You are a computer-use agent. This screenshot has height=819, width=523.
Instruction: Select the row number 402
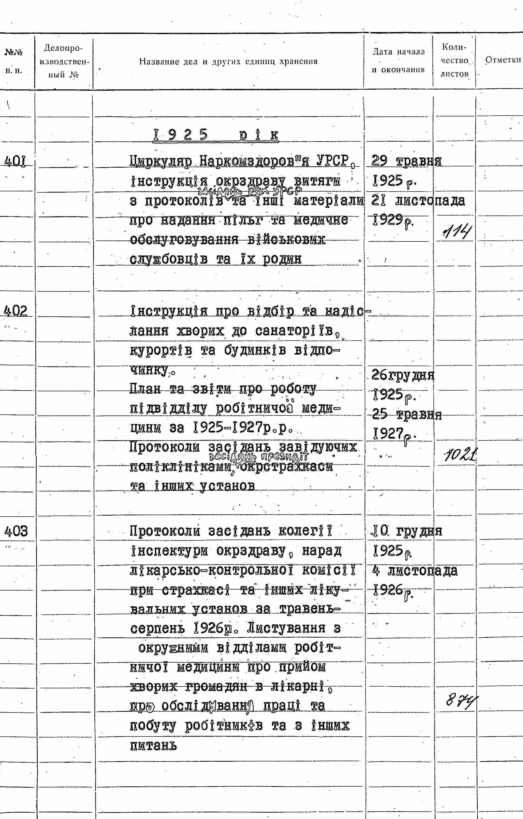coord(16,311)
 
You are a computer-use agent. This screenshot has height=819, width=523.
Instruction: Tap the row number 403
coord(16,531)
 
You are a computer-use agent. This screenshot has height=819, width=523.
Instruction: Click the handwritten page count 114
coord(457,233)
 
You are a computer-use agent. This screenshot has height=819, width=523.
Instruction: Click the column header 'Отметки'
coord(503,60)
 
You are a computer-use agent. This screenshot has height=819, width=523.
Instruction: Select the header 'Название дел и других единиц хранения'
coord(228,62)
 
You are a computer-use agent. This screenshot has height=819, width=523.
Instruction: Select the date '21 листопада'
coord(417,201)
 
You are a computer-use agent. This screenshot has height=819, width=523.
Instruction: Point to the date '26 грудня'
coord(403,375)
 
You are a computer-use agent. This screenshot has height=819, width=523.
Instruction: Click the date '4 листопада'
coord(415,570)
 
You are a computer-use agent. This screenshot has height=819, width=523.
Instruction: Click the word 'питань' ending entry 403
coord(153,746)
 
